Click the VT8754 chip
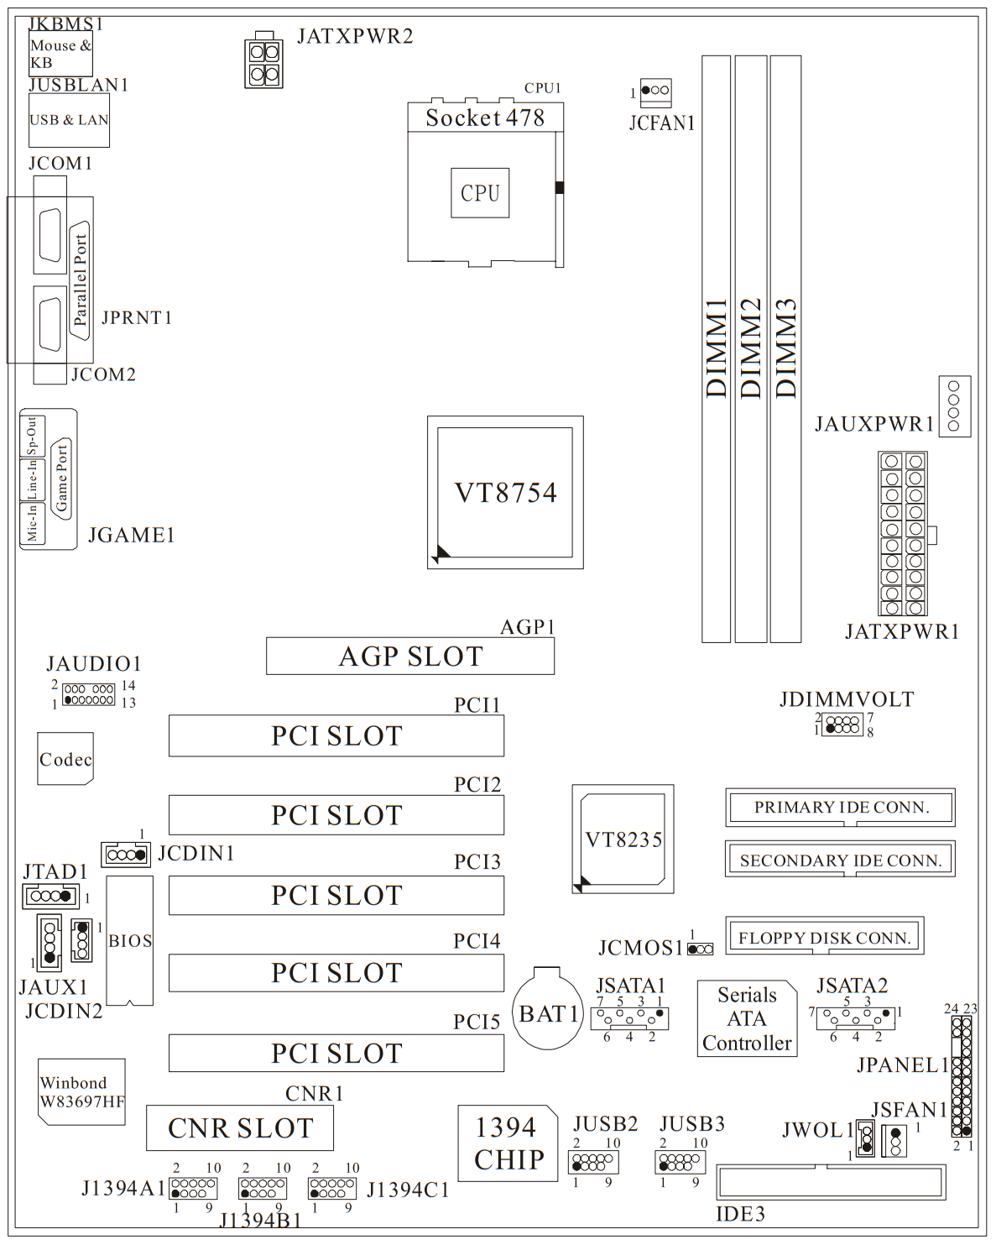[505, 492]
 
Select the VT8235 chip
[623, 839]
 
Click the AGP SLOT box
[410, 656]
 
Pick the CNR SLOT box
[240, 1127]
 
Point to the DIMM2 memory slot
[751, 348]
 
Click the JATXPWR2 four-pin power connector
[264, 63]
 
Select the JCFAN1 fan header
[655, 90]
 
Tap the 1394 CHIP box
[508, 1143]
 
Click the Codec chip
[65, 759]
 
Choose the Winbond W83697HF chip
[81, 1091]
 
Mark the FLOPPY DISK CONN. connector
[824, 936]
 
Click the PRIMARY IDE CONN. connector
[841, 807]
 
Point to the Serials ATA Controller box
[747, 1018]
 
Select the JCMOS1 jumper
[701, 949]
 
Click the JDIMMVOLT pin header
[842, 724]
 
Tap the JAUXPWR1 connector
[954, 406]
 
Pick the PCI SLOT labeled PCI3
[336, 895]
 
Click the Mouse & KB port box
[60, 54]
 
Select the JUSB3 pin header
[681, 1163]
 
